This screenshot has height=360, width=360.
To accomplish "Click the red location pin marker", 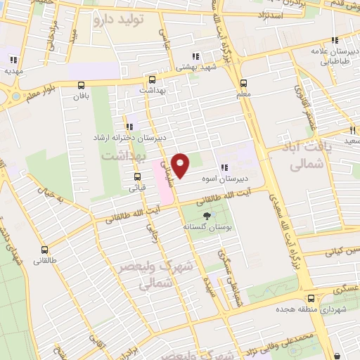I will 181,165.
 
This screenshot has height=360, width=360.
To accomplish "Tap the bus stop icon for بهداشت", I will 151,79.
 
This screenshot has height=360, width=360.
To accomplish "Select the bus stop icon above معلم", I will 243,82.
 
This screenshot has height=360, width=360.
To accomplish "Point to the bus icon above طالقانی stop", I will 45,249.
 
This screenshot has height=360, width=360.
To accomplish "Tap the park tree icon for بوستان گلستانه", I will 207,217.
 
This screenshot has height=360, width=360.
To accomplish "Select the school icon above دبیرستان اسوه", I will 224,167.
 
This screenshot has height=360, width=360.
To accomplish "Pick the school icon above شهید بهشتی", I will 195,56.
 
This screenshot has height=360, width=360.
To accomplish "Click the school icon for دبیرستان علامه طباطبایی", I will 335,40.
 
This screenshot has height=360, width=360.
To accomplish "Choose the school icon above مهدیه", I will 14,59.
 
